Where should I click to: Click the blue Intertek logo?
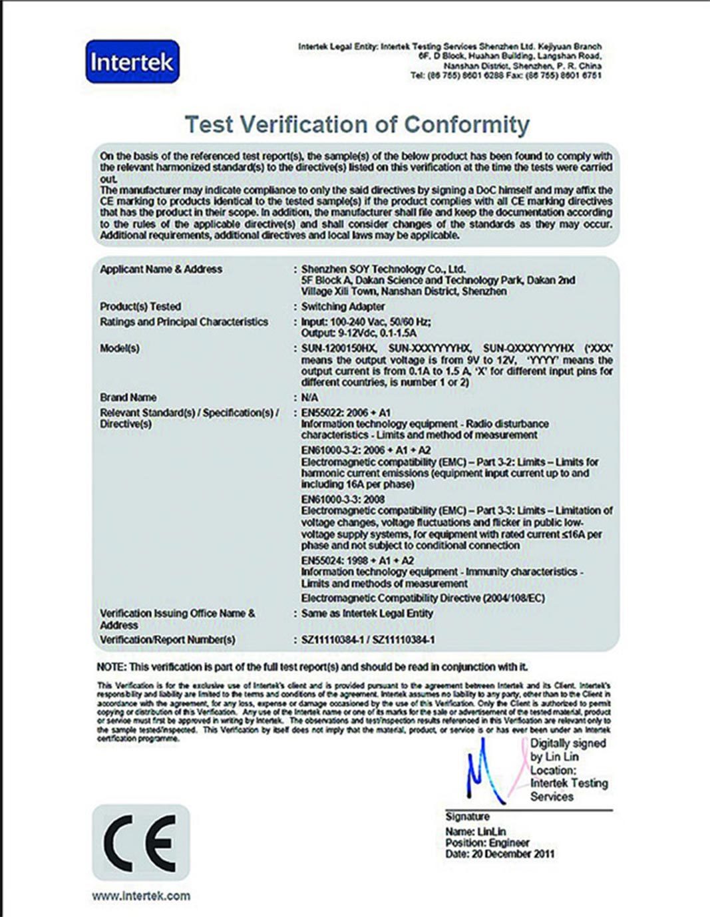pyautogui.click(x=132, y=62)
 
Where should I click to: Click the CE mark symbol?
pyautogui.click(x=141, y=842)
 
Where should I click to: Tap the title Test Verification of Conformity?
pyautogui.click(x=357, y=124)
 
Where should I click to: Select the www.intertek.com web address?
pyautogui.click(x=141, y=896)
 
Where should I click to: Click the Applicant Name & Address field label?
pyautogui.click(x=161, y=270)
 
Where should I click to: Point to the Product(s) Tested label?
pyautogui.click(x=140, y=307)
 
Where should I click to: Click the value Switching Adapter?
pyautogui.click(x=343, y=307)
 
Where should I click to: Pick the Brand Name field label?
pyautogui.click(x=128, y=397)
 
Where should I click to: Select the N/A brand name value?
pyautogui.click(x=309, y=397)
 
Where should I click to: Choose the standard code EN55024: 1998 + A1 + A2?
pyautogui.click(x=357, y=560)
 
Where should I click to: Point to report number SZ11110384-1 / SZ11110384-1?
pyautogui.click(x=368, y=640)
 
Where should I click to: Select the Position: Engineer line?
pyautogui.click(x=487, y=842)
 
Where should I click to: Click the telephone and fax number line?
pyautogui.click(x=506, y=75)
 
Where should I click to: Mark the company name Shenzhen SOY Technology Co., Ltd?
pyautogui.click(x=383, y=270)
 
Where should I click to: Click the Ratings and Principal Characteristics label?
pyautogui.click(x=184, y=322)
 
